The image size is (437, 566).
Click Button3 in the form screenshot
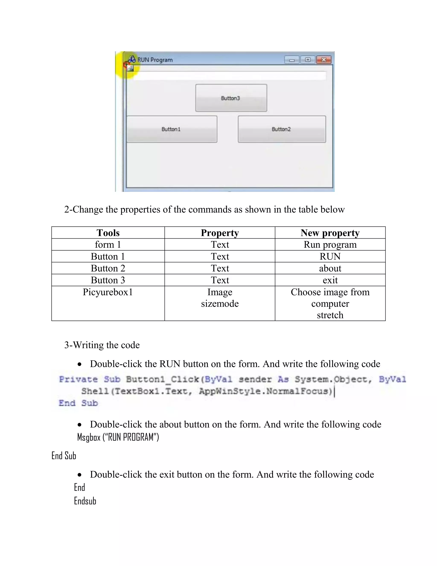[231, 98]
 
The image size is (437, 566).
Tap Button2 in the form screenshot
[281, 129]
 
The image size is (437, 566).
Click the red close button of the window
[324, 60]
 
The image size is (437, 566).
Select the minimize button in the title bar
[292, 60]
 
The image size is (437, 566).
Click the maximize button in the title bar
[307, 60]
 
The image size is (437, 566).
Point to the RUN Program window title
[155, 60]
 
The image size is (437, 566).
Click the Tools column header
[108, 233]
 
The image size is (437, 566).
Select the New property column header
[330, 233]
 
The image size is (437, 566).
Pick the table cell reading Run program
[330, 244]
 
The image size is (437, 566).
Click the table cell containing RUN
[330, 256]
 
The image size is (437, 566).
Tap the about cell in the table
[330, 268]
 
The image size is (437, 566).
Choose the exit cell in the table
[330, 280]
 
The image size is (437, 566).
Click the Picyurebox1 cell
[108, 292]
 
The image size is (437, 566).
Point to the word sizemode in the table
[220, 304]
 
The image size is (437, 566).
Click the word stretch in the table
[330, 315]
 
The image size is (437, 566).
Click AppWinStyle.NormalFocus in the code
[265, 391]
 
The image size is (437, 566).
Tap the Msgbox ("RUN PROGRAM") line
[118, 437]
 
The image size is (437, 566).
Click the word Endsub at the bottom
[85, 501]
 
